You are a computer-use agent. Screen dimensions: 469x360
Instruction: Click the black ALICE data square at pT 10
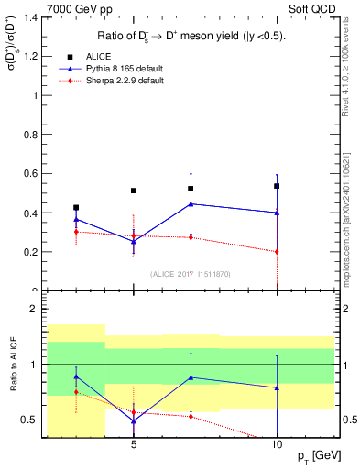click(x=276, y=186)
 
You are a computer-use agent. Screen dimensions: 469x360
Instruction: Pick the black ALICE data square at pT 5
click(x=134, y=191)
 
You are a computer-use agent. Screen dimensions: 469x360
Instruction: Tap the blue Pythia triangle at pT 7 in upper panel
click(x=191, y=204)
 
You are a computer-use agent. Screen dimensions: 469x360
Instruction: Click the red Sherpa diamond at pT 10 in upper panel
click(x=276, y=251)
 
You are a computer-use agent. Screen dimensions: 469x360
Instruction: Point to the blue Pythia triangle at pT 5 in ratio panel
click(x=134, y=420)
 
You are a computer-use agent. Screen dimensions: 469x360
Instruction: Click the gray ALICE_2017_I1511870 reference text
click(x=191, y=274)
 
